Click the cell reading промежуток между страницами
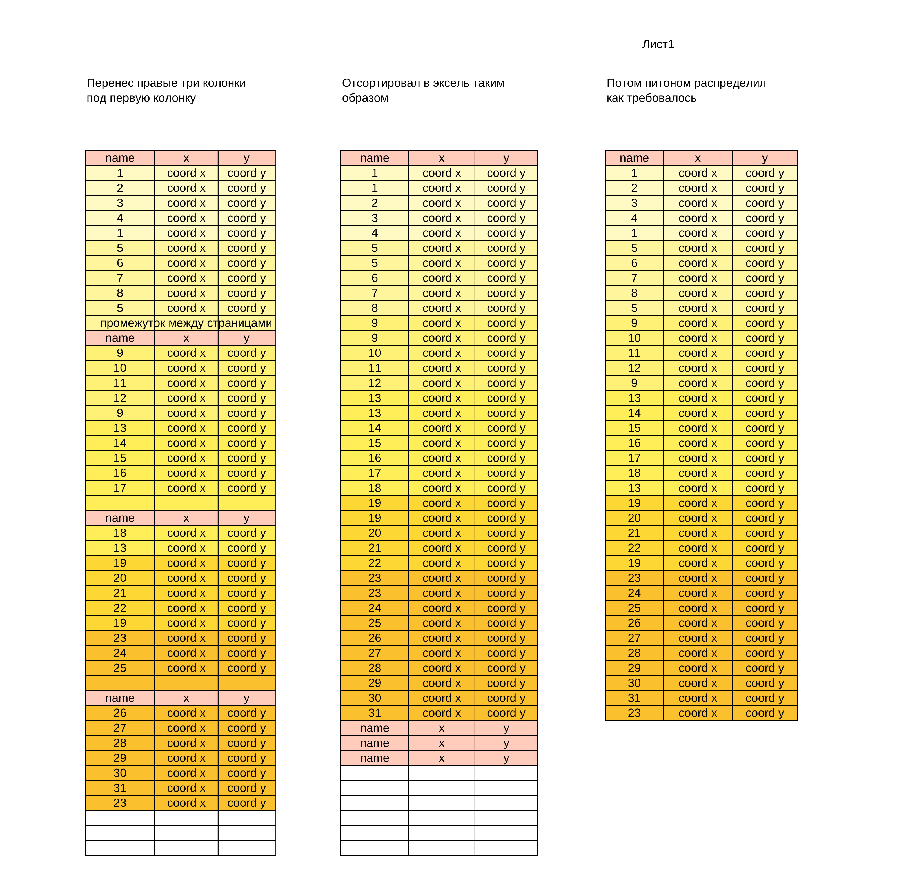(x=186, y=323)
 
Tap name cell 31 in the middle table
(x=374, y=713)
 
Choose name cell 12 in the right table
(x=634, y=368)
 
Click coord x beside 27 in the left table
(x=186, y=728)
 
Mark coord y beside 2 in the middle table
(x=506, y=203)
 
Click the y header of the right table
(x=765, y=158)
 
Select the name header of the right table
(x=634, y=158)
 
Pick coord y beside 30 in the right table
(x=765, y=683)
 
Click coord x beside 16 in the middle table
(x=442, y=458)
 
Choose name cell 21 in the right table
(x=634, y=533)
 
